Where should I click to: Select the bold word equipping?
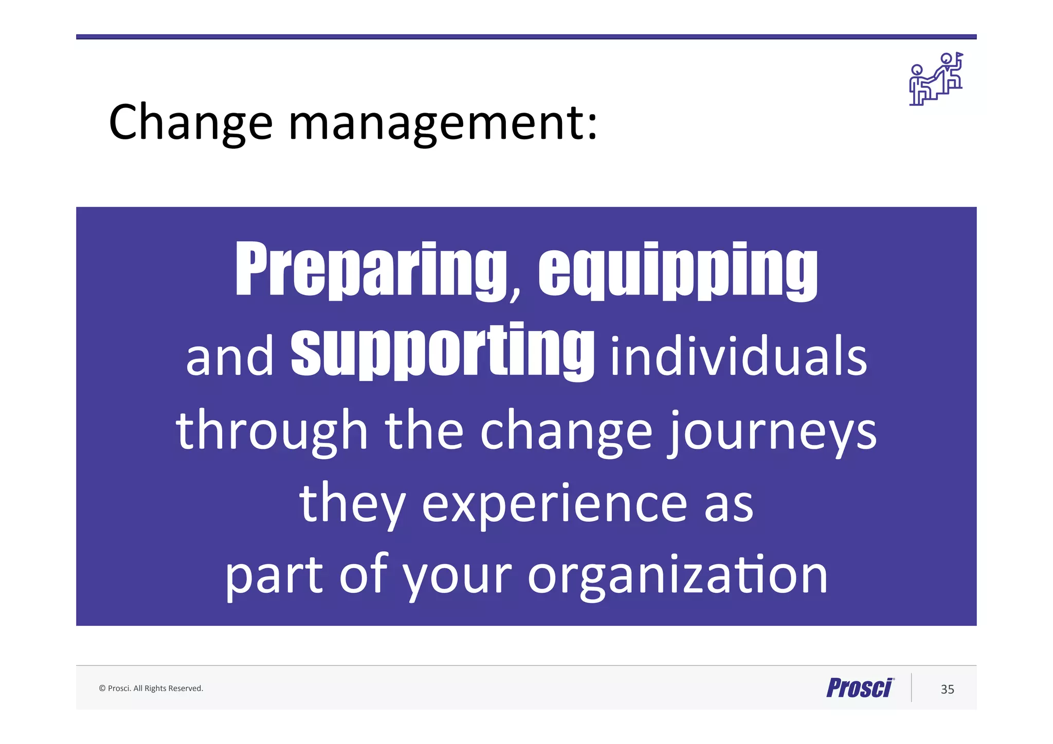[x=678, y=270]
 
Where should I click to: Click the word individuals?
[x=738, y=357]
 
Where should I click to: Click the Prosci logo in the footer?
[x=860, y=688]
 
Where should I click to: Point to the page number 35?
[x=947, y=689]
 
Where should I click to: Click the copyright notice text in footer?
[x=151, y=688]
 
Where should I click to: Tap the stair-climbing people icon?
[x=935, y=80]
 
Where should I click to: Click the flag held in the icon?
[x=959, y=55]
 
